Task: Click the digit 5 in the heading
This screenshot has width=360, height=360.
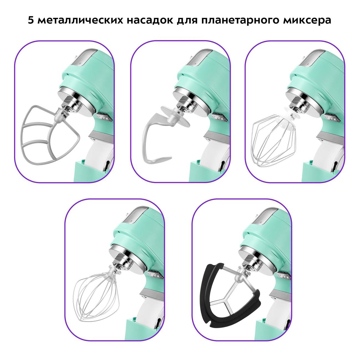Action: tap(31, 20)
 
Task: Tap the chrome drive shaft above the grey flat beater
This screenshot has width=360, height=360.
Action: tap(72, 107)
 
